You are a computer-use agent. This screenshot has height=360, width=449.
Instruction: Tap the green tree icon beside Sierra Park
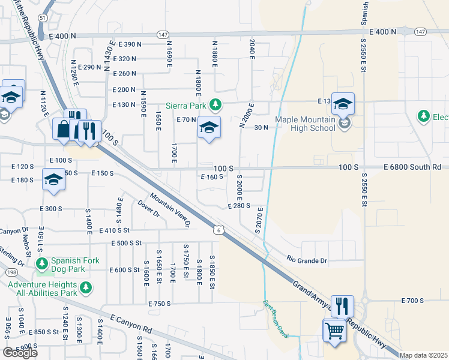[215, 106]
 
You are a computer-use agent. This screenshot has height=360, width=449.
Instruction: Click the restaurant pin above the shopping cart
[342, 305]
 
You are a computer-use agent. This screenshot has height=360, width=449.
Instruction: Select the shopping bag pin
[63, 128]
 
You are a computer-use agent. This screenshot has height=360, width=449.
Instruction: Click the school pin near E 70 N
[209, 128]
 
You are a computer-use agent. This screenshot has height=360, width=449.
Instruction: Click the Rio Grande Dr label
[307, 261]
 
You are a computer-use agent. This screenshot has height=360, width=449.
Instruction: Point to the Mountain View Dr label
[170, 210]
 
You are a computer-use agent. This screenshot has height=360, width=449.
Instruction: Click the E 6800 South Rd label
[415, 167]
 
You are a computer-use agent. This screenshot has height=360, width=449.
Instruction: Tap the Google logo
[20, 353]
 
